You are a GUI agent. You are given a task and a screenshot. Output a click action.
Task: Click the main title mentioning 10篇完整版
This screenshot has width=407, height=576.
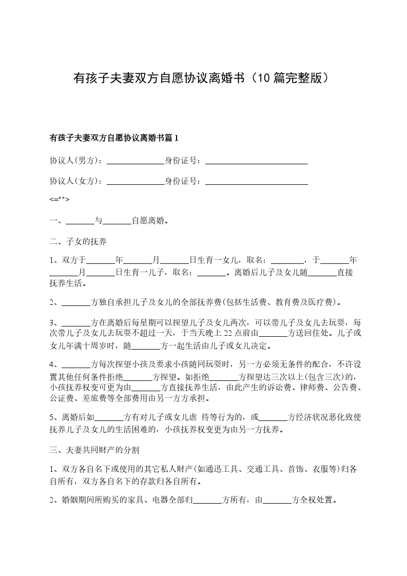203,78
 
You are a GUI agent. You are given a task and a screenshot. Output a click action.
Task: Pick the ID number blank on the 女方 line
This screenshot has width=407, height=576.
256,181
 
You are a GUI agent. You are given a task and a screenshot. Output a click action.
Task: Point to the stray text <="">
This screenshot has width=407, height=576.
59,200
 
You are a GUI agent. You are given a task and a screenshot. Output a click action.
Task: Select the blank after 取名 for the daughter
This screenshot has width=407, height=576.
287,260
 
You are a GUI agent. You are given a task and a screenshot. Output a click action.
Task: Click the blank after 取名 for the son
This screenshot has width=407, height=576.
211,273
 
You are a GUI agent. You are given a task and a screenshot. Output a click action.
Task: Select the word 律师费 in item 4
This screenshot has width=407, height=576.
314,387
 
